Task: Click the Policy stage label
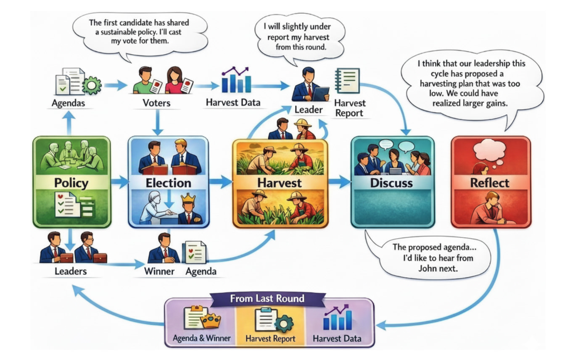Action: [x=71, y=183]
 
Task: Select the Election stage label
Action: [x=168, y=183]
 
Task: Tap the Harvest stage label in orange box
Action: [x=280, y=183]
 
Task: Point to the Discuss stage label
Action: [x=391, y=183]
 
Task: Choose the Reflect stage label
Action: [x=490, y=183]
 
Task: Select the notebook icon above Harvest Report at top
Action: [x=348, y=81]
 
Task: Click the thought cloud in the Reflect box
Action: [x=489, y=150]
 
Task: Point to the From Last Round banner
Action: [x=267, y=299]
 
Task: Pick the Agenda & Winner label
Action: [x=201, y=338]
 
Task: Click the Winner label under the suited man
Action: [x=159, y=271]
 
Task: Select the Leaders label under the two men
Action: [x=70, y=271]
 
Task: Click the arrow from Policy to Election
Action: [x=119, y=182]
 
